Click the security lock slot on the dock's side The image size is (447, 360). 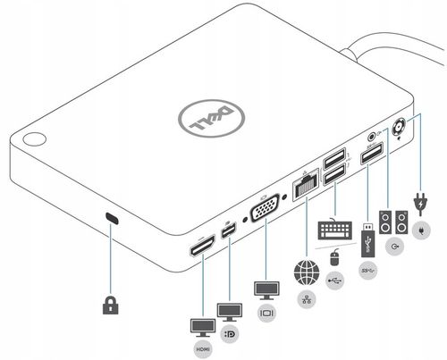coord(112,218)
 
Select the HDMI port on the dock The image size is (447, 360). coord(200,246)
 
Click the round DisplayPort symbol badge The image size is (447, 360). coord(230,335)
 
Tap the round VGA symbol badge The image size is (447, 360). coord(266,314)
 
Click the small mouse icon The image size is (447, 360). coord(334,258)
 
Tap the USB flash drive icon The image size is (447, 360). coord(367,241)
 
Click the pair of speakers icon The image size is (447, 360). coord(395,221)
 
